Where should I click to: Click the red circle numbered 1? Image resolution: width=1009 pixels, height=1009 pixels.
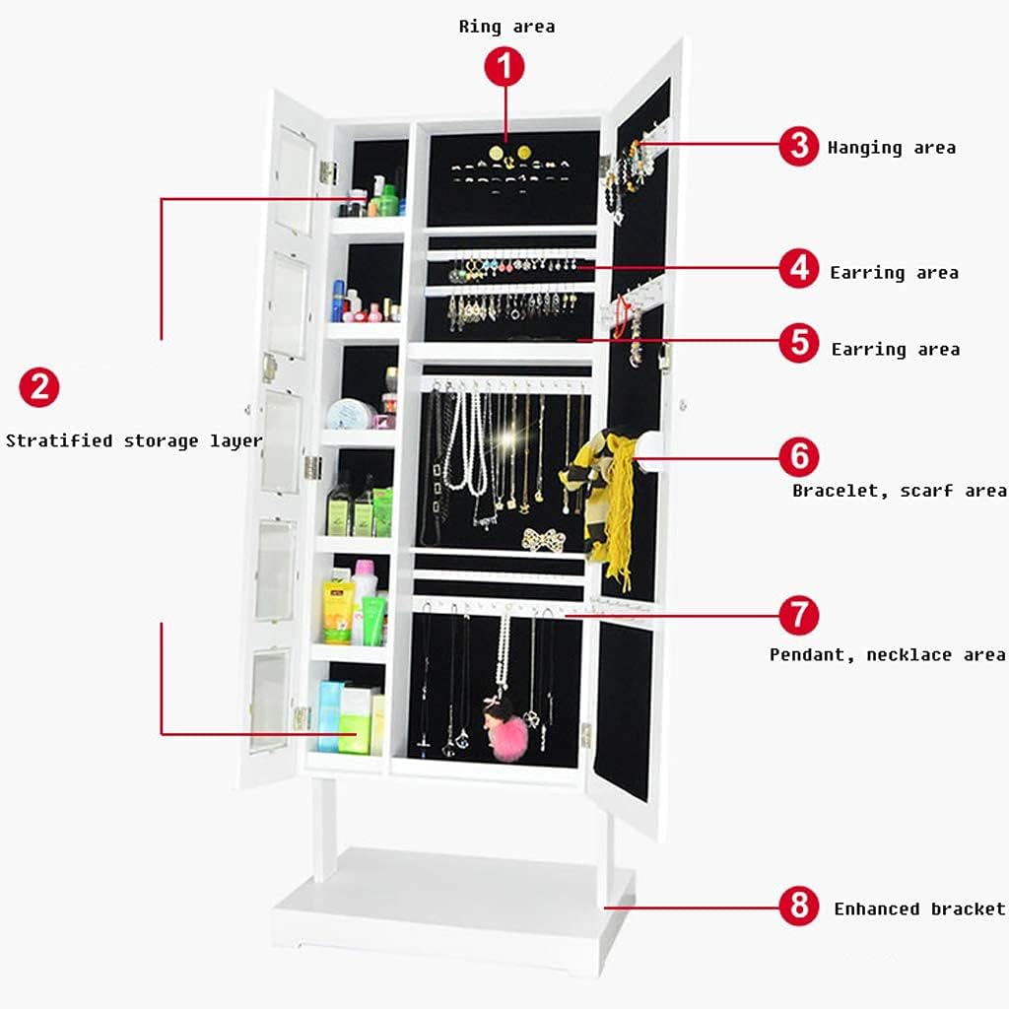pyautogui.click(x=504, y=68)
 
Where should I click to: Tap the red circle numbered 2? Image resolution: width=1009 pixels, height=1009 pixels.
pyautogui.click(x=39, y=387)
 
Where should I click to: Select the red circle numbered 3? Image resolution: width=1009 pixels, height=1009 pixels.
pyautogui.click(x=798, y=146)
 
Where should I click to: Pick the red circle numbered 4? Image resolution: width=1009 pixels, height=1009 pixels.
pyautogui.click(x=798, y=269)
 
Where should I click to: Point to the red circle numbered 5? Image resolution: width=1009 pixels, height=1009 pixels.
pyautogui.click(x=799, y=343)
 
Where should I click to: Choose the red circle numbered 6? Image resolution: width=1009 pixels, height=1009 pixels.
pyautogui.click(x=799, y=456)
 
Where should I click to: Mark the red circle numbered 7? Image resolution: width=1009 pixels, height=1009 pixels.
pyautogui.click(x=799, y=615)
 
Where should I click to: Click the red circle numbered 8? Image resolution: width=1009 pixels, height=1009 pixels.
pyautogui.click(x=799, y=906)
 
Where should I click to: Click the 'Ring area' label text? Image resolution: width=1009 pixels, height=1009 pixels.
pyautogui.click(x=506, y=27)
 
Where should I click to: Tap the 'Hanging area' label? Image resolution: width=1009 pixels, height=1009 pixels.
pyautogui.click(x=891, y=148)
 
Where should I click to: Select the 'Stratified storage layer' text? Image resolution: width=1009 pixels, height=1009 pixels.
pyautogui.click(x=134, y=440)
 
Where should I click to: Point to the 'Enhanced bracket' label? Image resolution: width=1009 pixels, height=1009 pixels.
pyautogui.click(x=919, y=908)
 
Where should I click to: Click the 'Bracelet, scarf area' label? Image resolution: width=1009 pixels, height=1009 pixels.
pyautogui.click(x=899, y=490)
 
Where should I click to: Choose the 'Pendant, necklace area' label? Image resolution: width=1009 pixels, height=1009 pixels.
pyautogui.click(x=887, y=654)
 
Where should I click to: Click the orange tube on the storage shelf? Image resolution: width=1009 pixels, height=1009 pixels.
pyautogui.click(x=337, y=611)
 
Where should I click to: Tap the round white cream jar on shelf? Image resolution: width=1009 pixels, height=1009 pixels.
pyautogui.click(x=350, y=413)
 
